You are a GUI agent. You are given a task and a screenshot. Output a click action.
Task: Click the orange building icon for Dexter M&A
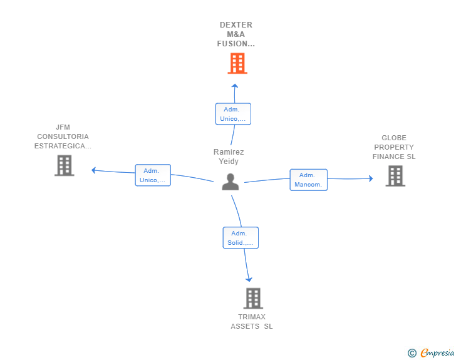point(237,63)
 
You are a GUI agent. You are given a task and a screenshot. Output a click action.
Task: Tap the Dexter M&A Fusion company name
point(236,34)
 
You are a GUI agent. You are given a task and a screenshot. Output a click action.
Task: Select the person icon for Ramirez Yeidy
point(231,182)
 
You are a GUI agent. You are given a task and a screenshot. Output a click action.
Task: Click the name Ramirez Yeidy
point(229,157)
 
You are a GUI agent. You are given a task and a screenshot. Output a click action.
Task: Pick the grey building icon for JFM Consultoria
point(64,165)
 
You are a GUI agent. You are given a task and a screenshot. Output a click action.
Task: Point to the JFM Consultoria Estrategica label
point(63,136)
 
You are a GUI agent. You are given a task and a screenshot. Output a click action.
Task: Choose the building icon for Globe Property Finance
point(395,176)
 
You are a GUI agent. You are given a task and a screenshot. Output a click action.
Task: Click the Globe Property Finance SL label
point(394,147)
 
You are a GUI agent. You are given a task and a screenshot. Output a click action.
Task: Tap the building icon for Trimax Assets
point(252,299)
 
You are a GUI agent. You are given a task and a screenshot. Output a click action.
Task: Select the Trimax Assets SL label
point(252,322)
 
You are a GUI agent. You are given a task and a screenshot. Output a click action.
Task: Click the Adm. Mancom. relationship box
point(308,180)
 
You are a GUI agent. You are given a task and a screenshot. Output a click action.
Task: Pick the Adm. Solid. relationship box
point(241,238)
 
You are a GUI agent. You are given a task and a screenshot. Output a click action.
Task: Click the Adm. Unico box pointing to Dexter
point(233,114)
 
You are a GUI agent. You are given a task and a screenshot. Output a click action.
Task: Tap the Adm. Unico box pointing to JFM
point(153,175)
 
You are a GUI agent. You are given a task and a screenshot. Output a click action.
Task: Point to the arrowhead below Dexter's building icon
point(235,86)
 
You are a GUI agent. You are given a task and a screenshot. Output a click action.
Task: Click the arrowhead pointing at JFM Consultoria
point(93,170)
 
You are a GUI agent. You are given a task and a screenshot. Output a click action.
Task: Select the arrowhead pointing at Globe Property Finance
point(370,178)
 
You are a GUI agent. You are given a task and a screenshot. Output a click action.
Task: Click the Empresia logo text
point(437,353)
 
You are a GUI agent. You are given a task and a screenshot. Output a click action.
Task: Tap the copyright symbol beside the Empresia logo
point(412,353)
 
